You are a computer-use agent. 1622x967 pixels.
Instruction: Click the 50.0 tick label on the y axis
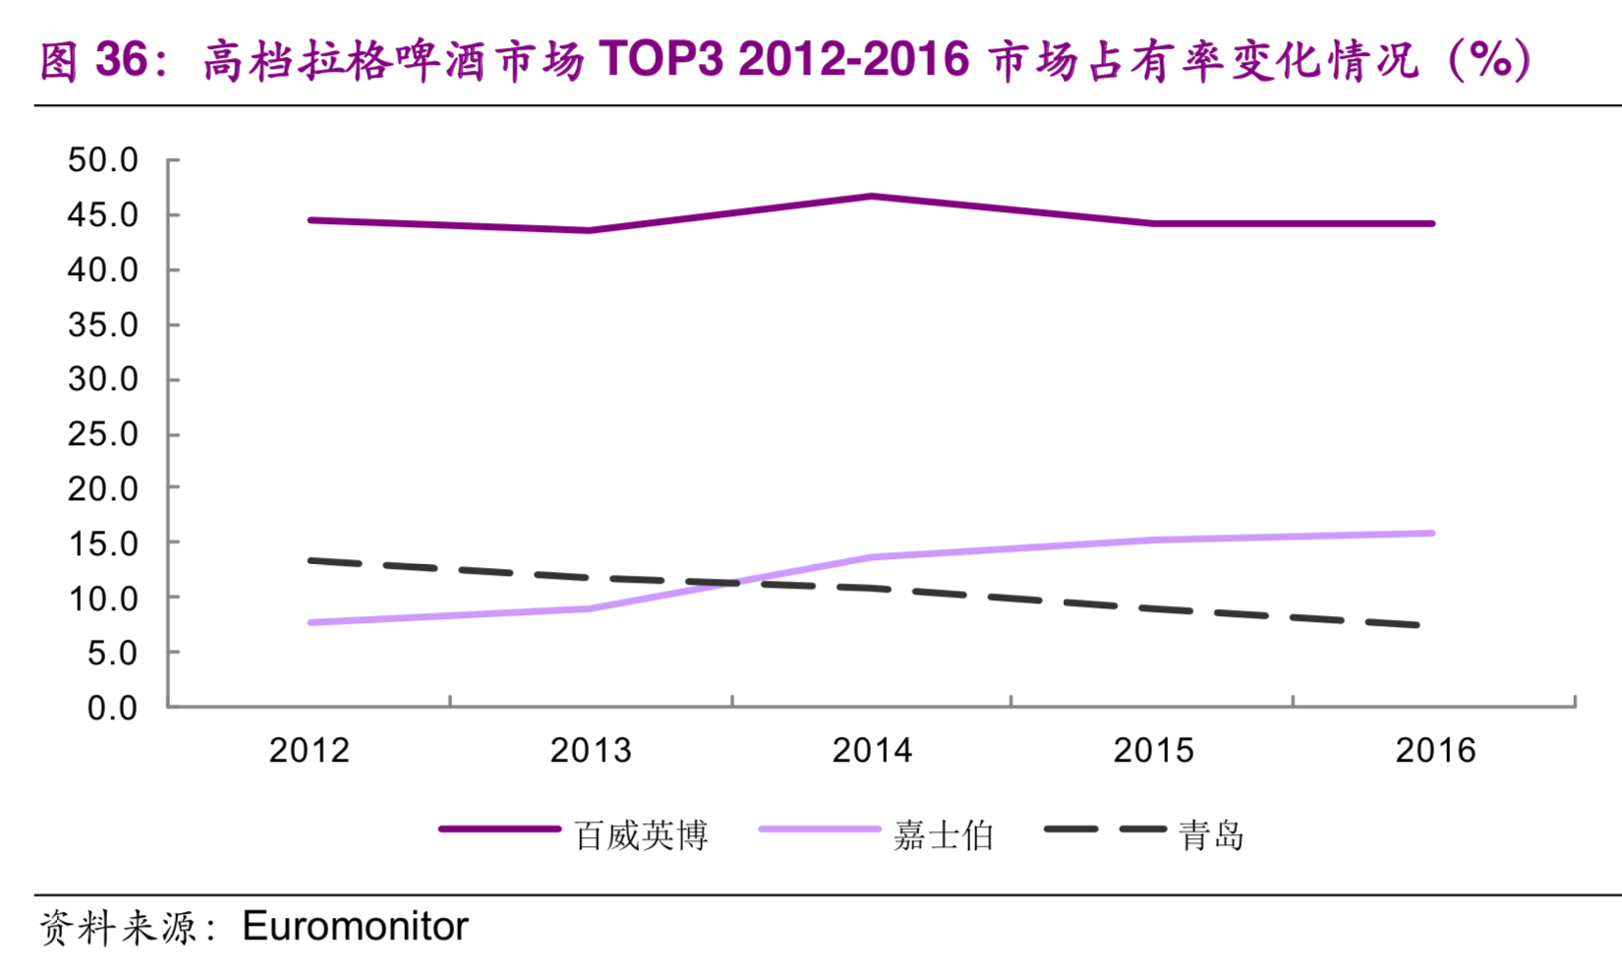click(102, 160)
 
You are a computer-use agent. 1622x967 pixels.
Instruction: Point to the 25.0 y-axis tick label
click(102, 434)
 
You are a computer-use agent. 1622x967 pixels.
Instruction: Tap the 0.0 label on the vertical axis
click(112, 708)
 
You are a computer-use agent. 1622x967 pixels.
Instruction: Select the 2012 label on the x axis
click(310, 751)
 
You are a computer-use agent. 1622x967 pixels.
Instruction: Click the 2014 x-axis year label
click(872, 751)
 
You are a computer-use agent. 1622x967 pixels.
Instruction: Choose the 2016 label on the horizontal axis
click(1435, 751)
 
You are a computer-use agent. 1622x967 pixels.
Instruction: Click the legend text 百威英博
click(641, 835)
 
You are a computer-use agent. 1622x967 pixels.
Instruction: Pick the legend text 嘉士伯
click(943, 835)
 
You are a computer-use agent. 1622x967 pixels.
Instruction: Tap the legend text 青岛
click(1211, 835)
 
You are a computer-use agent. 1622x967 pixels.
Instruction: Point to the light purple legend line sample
click(818, 830)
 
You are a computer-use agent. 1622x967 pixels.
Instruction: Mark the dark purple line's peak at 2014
click(872, 197)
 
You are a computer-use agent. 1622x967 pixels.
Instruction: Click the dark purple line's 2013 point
click(590, 231)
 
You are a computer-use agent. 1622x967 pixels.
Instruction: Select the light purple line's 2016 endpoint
click(1432, 534)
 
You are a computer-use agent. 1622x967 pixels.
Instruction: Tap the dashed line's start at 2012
click(312, 561)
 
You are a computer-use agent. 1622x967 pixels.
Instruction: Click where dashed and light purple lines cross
click(731, 583)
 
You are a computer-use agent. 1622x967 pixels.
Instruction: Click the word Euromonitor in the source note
click(355, 927)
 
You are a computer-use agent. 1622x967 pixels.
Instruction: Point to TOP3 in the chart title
click(662, 60)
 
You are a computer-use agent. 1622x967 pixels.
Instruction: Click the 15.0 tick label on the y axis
click(102, 543)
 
